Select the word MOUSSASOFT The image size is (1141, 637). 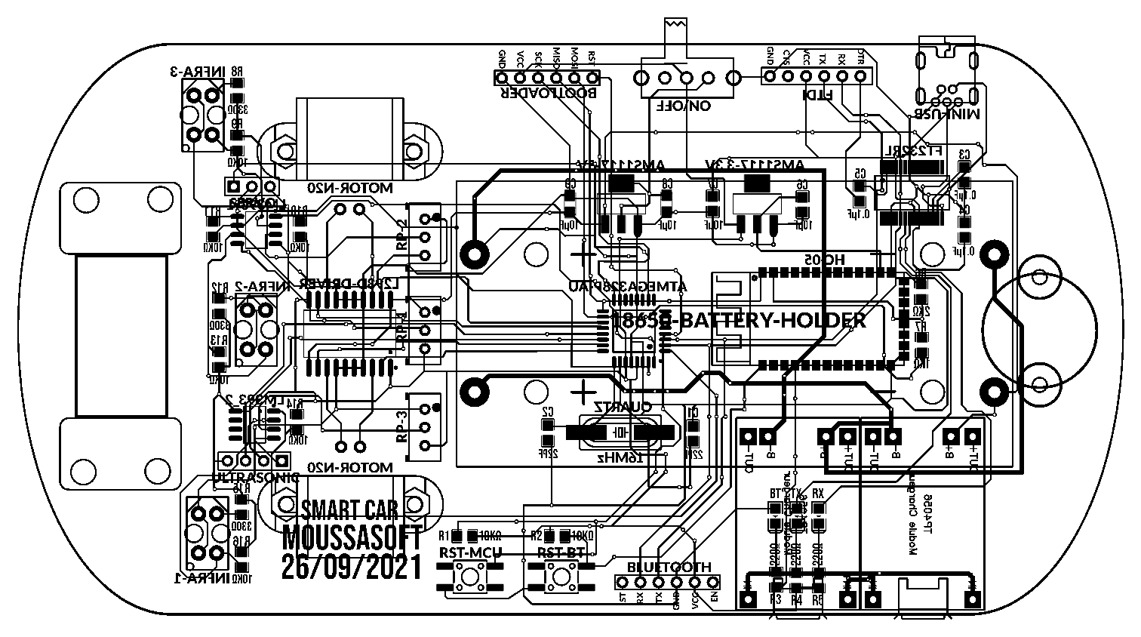coord(352,538)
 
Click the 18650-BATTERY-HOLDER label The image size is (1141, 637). coord(739,321)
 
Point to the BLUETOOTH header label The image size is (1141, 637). coord(669,567)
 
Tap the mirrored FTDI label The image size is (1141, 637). coord(817,96)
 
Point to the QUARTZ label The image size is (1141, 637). coord(623,407)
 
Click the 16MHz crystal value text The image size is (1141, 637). coord(620,457)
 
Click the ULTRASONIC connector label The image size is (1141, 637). coord(256,478)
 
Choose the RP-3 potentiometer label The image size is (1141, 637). coord(401,427)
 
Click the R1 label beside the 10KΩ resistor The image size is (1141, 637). coord(445,536)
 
